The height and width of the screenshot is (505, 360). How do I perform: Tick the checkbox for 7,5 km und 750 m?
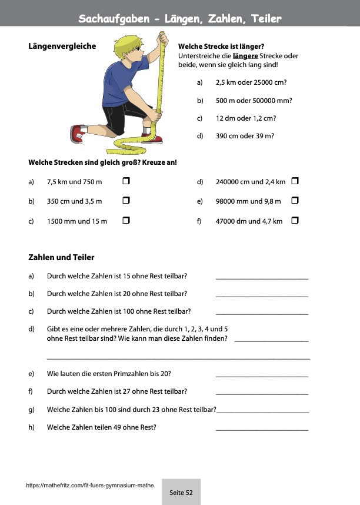coord(126,182)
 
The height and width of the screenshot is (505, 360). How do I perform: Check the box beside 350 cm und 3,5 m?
coord(126,201)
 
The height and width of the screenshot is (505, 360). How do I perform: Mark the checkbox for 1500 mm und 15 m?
coord(126,221)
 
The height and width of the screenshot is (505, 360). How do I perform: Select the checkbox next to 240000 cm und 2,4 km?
coord(295,182)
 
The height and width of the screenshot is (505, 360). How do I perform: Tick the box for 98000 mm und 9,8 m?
coord(295,201)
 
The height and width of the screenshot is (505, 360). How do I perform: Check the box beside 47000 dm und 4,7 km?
coord(295,221)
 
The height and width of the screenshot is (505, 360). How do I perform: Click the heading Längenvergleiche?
coord(62,46)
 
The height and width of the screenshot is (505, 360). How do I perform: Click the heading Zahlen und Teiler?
coord(61,257)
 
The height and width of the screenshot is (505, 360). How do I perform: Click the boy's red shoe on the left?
coord(77,134)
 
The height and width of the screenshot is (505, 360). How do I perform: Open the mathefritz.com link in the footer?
coord(90,486)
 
